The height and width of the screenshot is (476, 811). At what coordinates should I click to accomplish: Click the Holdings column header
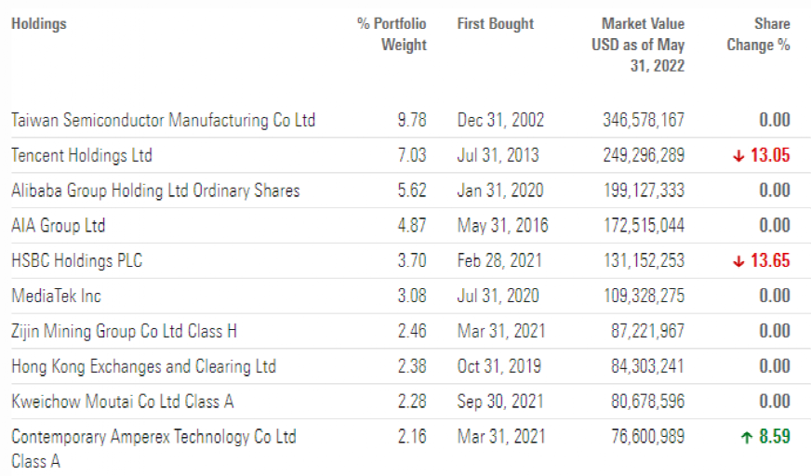pos(39,24)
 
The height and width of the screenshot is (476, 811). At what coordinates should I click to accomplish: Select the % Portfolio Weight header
pos(392,34)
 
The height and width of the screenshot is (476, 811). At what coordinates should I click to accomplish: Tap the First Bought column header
pos(496,24)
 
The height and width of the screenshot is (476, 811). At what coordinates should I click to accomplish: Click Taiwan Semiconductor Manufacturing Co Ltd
pos(164,120)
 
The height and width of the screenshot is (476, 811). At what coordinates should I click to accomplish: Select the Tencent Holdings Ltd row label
pos(82,155)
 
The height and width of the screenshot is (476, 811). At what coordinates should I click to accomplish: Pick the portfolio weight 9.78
pos(411,120)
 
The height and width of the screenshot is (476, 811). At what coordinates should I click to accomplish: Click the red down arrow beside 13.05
pos(738,156)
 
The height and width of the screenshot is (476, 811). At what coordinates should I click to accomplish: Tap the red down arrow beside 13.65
pos(738,261)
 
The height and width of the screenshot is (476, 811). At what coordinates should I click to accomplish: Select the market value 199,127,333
pos(644,191)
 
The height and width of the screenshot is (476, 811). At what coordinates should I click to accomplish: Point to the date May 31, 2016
pos(502,226)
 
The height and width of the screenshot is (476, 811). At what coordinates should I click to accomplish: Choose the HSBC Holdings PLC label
pos(77,261)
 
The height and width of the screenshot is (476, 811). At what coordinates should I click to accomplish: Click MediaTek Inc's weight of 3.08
pos(411,297)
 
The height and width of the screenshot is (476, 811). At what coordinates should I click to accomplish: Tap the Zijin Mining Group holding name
pos(125,331)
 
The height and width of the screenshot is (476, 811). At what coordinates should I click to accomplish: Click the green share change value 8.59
pos(774,437)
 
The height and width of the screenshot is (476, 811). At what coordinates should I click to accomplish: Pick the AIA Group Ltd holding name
pos(59,226)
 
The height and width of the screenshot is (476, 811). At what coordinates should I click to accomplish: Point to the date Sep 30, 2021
pos(501,402)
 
